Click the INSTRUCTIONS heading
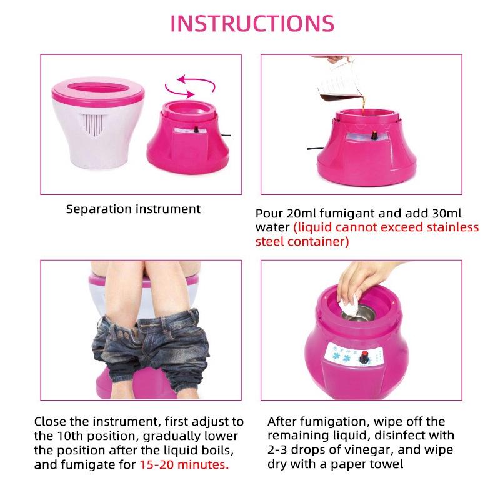[x=252, y=23]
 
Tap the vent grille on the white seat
[x=94, y=124]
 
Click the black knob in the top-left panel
[x=196, y=129]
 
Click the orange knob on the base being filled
[x=374, y=135]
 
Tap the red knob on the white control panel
[x=364, y=357]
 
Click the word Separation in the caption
[x=99, y=209]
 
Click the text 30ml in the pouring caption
[x=446, y=213]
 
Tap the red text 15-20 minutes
[x=184, y=464]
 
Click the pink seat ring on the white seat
[x=98, y=90]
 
